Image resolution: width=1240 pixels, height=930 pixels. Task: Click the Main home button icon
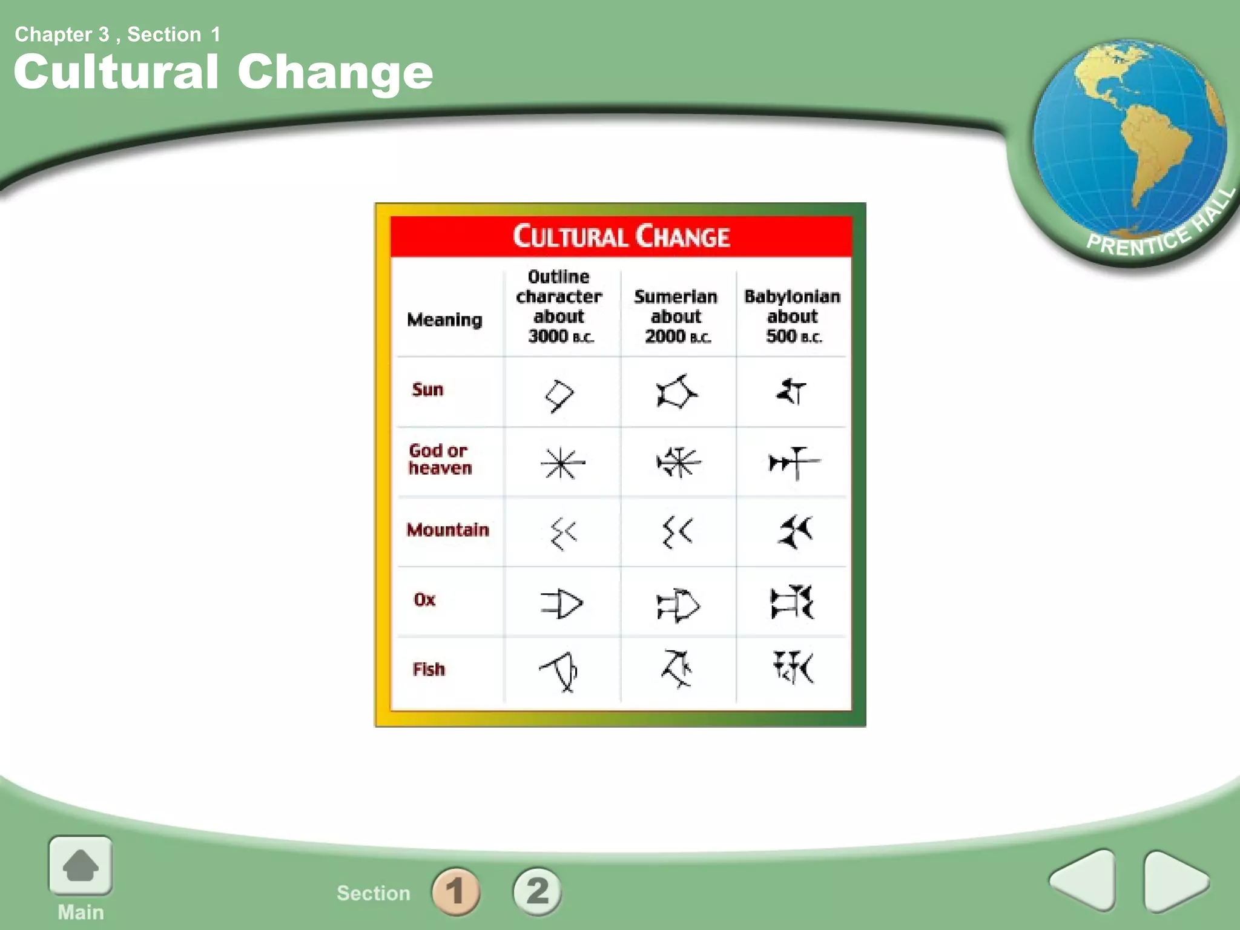[81, 866]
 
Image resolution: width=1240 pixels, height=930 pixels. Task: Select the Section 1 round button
[456, 891]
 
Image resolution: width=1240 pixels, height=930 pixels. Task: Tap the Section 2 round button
[537, 891]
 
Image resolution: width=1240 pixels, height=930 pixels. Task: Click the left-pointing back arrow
[1084, 880]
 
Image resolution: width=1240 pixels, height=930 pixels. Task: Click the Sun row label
[427, 389]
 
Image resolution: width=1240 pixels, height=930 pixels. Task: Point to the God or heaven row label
[440, 459]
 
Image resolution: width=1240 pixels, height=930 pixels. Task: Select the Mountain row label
[447, 530]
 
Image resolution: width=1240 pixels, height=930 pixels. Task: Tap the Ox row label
[424, 599]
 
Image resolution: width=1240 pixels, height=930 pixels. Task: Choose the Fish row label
[429, 669]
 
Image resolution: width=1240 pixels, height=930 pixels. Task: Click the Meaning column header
[444, 319]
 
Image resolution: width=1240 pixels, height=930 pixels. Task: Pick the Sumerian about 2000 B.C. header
[676, 316]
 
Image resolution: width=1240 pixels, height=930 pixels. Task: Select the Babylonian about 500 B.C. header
[793, 316]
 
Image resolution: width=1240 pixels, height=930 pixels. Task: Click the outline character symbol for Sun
[559, 395]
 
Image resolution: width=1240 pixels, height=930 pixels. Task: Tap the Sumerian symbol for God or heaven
[678, 463]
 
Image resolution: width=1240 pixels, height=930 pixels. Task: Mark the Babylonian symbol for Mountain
[794, 532]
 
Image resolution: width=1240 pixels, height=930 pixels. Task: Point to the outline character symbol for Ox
[561, 604]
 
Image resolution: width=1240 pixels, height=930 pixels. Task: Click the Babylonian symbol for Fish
[793, 667]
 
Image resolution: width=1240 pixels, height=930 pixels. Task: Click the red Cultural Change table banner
[621, 237]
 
